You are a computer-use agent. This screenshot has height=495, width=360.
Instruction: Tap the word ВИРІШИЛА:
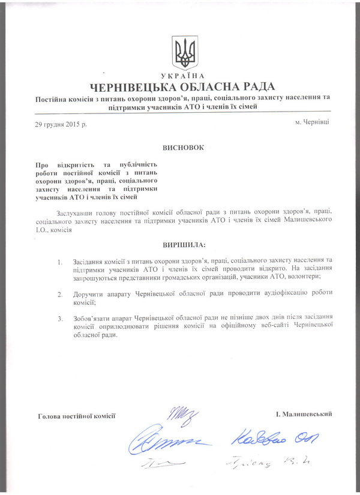(x=184, y=245)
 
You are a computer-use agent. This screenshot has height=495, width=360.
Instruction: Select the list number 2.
(x=59, y=295)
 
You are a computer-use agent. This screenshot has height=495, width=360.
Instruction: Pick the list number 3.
(x=59, y=317)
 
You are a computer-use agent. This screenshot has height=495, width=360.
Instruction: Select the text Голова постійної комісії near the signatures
(x=76, y=415)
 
